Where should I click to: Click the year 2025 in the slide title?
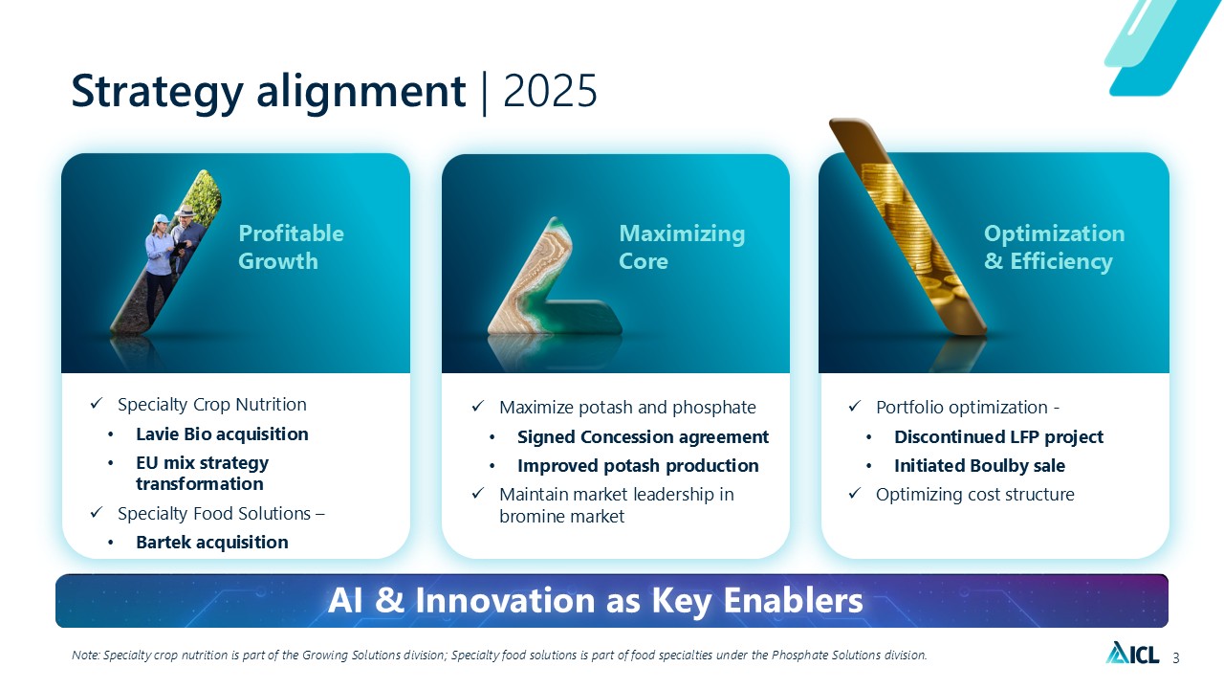click(x=550, y=91)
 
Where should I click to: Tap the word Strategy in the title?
click(x=158, y=93)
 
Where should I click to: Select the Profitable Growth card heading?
click(x=292, y=247)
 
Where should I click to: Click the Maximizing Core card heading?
click(x=682, y=247)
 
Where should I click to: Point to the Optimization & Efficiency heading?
click(x=1055, y=247)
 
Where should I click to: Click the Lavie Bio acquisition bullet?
click(x=222, y=434)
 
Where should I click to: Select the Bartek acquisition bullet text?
click(x=212, y=542)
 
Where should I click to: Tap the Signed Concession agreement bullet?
click(x=644, y=437)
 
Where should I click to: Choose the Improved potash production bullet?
click(x=638, y=465)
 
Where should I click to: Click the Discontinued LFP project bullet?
click(x=999, y=437)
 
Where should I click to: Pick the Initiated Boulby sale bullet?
click(x=980, y=465)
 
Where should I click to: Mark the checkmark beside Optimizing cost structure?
click(x=855, y=494)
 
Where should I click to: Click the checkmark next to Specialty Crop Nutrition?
click(x=97, y=404)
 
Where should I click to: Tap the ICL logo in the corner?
click(x=1133, y=653)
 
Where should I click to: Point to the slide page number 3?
click(x=1176, y=658)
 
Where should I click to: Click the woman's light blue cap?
click(x=162, y=219)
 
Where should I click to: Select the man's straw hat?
click(x=185, y=211)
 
